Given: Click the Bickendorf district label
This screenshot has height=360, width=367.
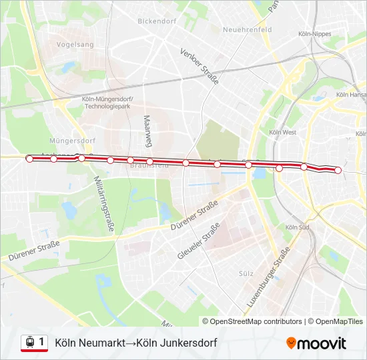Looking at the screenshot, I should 155,21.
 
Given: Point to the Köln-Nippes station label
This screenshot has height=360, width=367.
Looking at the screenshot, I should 316,33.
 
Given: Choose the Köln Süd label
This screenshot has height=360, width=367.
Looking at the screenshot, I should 297,227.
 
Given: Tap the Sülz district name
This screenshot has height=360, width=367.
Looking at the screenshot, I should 247,273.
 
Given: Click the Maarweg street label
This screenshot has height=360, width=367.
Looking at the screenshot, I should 147,131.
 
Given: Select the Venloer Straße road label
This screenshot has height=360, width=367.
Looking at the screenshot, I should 200,66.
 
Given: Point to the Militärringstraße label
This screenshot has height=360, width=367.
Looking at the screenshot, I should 105,203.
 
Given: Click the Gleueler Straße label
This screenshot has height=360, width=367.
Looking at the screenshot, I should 199,242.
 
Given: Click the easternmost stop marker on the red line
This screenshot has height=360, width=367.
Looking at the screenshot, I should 338,171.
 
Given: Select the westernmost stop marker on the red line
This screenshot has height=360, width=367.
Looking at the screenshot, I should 29,159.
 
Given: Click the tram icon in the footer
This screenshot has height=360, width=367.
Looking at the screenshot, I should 29,342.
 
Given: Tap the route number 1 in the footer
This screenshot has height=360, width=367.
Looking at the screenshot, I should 41,342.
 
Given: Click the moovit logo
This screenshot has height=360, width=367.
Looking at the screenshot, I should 316,343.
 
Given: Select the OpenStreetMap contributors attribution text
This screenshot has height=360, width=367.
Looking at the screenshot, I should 256,321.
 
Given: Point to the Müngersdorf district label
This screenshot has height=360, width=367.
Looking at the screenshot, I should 72,141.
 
